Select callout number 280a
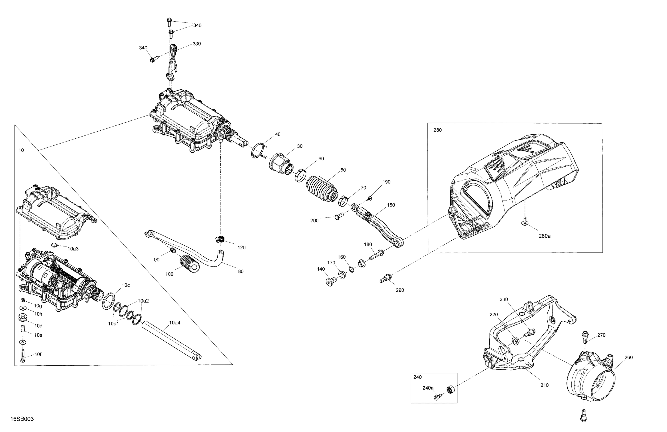click(544, 236)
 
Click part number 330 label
click(197, 44)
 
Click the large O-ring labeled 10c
click(109, 301)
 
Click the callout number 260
click(629, 358)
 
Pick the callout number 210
click(544, 385)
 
